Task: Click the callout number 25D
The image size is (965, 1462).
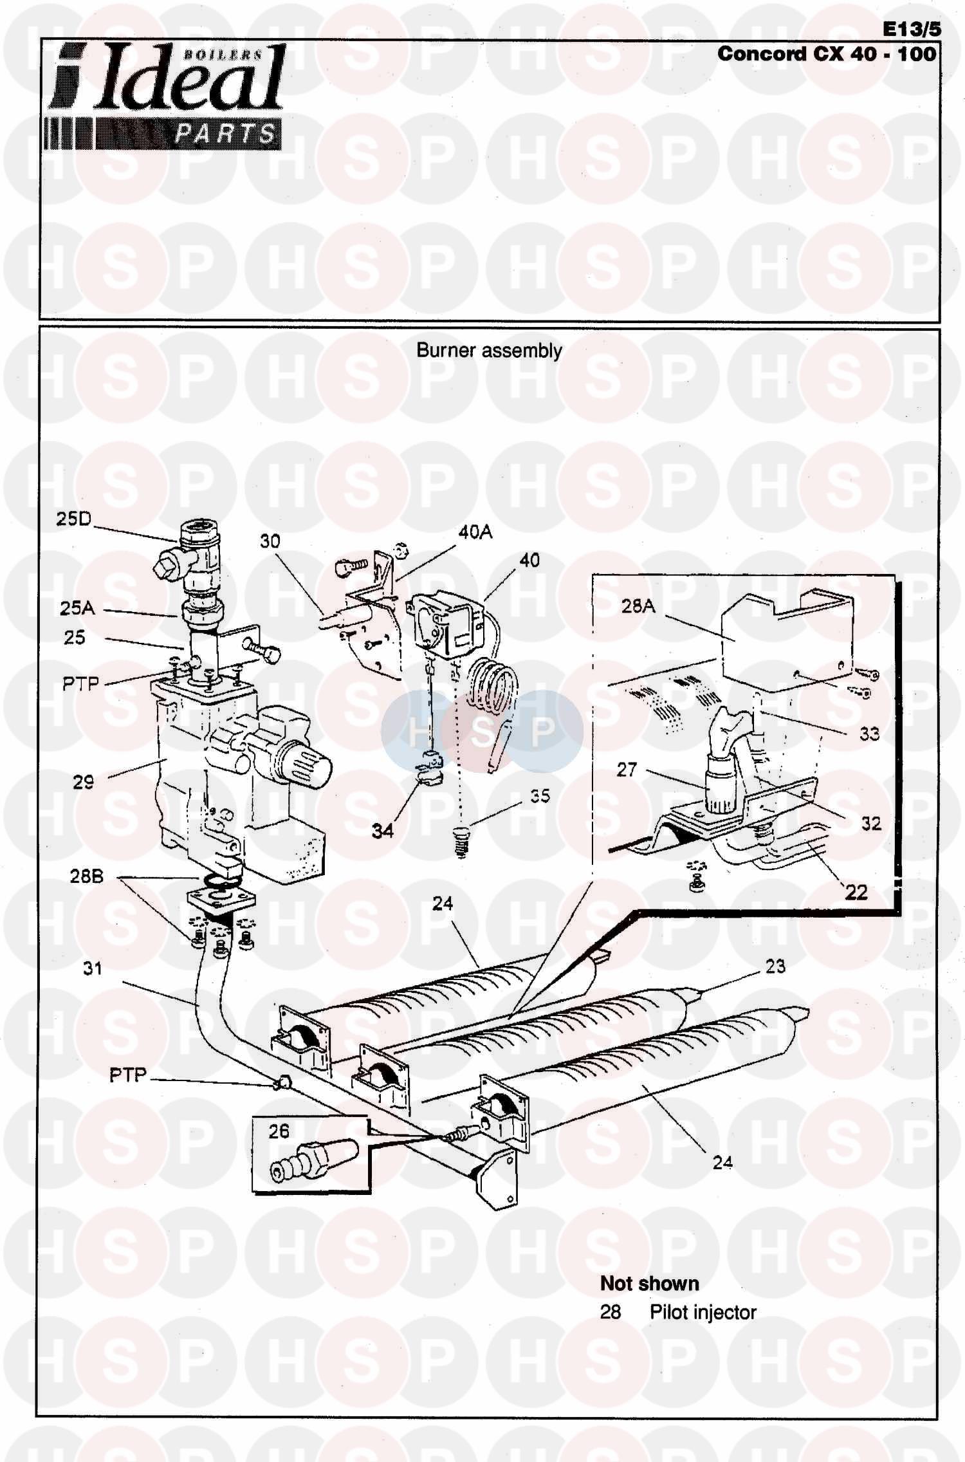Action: click(x=74, y=519)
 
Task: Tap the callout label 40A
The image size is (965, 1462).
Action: click(x=475, y=532)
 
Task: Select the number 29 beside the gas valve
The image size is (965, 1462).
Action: click(x=83, y=782)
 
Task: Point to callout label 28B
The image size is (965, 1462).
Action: click(x=86, y=876)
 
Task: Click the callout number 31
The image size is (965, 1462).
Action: click(x=93, y=968)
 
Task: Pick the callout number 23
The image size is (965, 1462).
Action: click(x=775, y=966)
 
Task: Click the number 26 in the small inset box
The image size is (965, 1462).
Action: click(x=279, y=1131)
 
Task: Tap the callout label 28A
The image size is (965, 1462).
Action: click(x=638, y=606)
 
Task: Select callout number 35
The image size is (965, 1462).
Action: click(x=540, y=796)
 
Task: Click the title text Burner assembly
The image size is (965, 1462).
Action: click(x=489, y=351)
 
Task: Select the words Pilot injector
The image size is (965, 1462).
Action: click(x=703, y=1312)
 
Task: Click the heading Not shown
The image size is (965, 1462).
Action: click(x=649, y=1283)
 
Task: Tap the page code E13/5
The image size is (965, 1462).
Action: click(x=911, y=29)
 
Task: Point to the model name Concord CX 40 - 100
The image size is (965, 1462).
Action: click(x=827, y=53)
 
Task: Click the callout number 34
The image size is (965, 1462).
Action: click(x=382, y=831)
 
